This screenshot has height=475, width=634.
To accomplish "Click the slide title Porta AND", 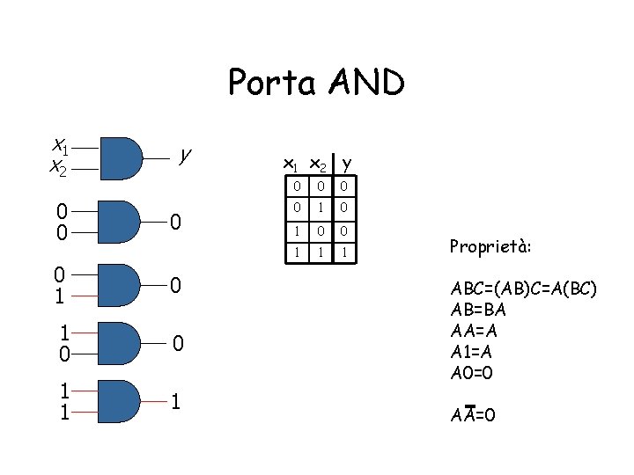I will [x=316, y=84].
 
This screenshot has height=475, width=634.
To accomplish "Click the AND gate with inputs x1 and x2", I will [x=122, y=157].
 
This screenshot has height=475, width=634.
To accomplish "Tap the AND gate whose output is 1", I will [x=122, y=401].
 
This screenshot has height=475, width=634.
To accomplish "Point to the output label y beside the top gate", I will [x=183, y=155].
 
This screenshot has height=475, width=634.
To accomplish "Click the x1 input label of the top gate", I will [x=59, y=145].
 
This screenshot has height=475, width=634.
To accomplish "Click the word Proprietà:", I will [x=490, y=246].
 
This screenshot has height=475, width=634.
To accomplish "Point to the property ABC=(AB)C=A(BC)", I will [x=523, y=289].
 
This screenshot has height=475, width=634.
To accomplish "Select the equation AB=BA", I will [x=478, y=310].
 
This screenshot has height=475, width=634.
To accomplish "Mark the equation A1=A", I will [x=471, y=351].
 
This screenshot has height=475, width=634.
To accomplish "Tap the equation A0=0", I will [x=471, y=372].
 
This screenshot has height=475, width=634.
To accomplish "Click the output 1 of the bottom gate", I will [x=176, y=402].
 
